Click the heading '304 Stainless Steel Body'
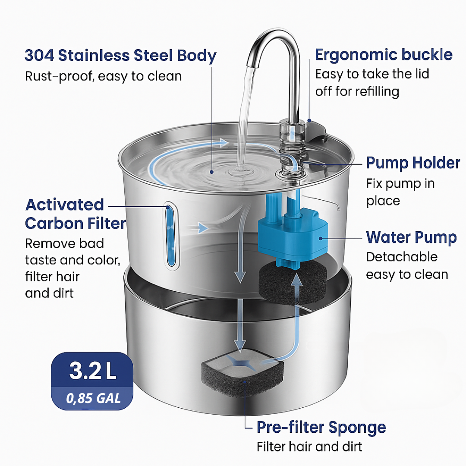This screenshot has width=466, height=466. tap(120, 56)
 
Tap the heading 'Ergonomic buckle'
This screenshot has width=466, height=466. tap(384, 55)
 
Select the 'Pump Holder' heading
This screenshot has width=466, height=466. tap(413, 163)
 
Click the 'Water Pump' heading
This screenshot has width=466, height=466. tap(411, 237)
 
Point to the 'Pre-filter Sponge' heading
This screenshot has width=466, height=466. tap(321, 428)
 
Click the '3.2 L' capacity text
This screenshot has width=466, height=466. tap(92, 371)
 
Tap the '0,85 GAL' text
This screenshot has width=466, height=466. tap(93, 398)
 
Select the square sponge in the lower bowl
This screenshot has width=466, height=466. tap(242, 373)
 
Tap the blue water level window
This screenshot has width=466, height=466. tap(170, 235)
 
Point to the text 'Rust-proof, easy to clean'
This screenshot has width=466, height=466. tap(104, 77)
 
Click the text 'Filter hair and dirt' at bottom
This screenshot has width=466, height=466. tap(309, 447)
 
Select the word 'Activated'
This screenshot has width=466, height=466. tap(64, 205)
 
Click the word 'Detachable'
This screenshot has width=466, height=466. tap(402, 257)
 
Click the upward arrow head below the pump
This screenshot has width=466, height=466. tap(296, 280)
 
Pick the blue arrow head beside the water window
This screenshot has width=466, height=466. tap(203, 228)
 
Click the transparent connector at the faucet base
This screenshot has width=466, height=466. tap(292, 148)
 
